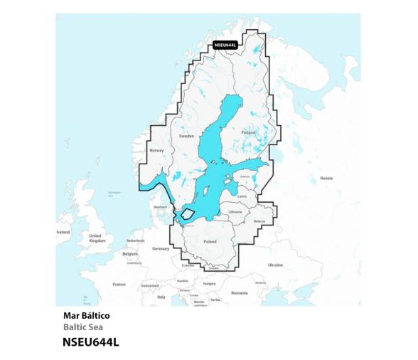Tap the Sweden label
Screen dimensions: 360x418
point(186,135)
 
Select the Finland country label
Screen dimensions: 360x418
point(249,132)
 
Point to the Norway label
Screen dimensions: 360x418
point(156,151)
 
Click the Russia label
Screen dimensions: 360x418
point(326,177)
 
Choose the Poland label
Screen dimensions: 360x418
point(210,242)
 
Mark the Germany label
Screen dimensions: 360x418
point(161,248)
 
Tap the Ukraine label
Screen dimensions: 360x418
point(275,265)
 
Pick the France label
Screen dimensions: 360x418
point(119,284)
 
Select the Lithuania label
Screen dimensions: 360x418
point(236,211)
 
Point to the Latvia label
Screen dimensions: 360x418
point(242,196)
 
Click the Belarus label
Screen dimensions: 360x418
point(259,221)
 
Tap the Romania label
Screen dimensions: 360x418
point(239,292)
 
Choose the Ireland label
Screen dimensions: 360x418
point(63,233)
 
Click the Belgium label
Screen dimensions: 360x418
point(129,253)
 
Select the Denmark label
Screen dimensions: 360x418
point(161,207)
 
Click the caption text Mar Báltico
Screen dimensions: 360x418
point(87,314)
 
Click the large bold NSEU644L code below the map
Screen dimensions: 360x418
point(91,342)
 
